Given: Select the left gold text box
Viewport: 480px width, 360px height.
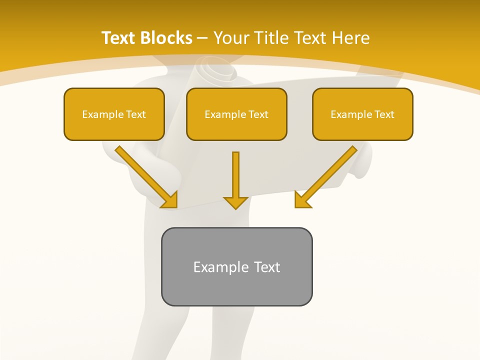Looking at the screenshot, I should click(x=114, y=114).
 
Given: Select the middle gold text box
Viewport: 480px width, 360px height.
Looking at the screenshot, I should click(x=236, y=114).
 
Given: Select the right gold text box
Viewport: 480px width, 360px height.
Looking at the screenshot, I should click(x=362, y=114).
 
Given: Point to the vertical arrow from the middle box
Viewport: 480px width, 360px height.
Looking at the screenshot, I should click(x=235, y=175).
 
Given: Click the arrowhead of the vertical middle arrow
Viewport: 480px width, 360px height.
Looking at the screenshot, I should click(x=235, y=202).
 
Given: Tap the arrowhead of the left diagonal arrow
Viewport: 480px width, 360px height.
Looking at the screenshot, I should click(x=170, y=200).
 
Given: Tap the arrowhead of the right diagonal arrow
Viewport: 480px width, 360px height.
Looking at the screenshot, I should click(x=302, y=200).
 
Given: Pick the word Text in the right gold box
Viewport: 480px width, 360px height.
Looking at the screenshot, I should click(x=384, y=114).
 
